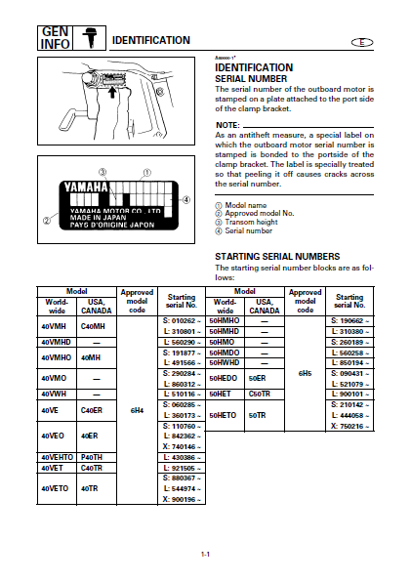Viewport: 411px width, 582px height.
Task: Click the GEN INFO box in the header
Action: (55, 38)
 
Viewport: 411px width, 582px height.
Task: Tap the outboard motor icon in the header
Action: (90, 38)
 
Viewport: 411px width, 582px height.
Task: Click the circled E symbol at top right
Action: (362, 42)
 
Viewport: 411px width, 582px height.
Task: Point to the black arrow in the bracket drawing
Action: (111, 92)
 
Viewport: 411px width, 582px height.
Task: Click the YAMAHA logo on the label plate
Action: (86, 187)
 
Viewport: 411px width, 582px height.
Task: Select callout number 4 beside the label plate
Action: (186, 200)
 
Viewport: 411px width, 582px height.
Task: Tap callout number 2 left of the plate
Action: (47, 221)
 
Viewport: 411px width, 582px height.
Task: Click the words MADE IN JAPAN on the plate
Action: (98, 218)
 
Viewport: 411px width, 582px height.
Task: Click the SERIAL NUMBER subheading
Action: (251, 79)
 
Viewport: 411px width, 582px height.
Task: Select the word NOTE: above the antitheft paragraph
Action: (227, 125)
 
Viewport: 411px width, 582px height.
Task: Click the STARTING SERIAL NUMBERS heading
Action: (277, 257)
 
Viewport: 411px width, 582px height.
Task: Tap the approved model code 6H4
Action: (137, 410)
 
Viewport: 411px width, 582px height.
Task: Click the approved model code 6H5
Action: (305, 373)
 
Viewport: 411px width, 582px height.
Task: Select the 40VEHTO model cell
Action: (58, 457)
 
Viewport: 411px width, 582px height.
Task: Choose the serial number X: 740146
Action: (182, 447)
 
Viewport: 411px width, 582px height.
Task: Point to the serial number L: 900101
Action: (350, 394)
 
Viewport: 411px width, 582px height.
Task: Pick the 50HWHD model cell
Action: (224, 362)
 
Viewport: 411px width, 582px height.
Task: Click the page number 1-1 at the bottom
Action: (205, 555)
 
